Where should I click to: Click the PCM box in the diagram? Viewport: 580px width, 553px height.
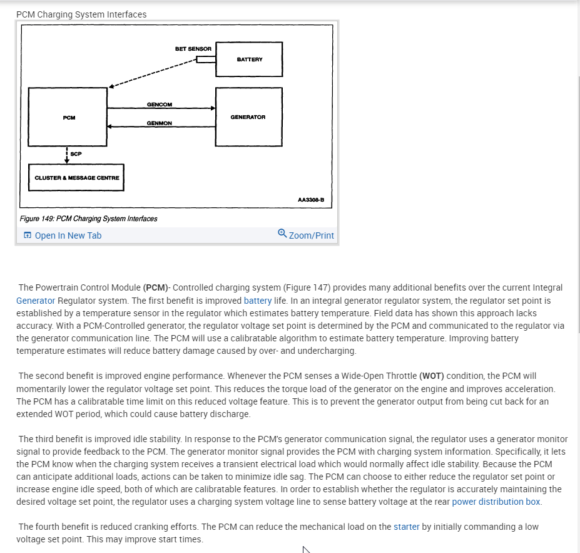click(69, 117)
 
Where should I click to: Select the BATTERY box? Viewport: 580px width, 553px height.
click(249, 59)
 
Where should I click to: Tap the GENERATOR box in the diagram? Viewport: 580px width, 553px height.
click(248, 116)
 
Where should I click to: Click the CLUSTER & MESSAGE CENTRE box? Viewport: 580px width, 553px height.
click(76, 178)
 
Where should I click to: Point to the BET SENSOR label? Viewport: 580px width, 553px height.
click(193, 49)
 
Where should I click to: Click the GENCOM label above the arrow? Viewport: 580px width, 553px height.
click(160, 105)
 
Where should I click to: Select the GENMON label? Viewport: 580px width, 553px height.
click(160, 123)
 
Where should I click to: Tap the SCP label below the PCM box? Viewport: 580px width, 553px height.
click(76, 154)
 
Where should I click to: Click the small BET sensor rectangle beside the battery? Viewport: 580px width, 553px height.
click(206, 59)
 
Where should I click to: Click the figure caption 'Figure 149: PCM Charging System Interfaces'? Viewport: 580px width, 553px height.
click(88, 219)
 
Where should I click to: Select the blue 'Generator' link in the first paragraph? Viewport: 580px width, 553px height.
click(36, 301)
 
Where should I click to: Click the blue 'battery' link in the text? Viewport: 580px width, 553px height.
click(258, 301)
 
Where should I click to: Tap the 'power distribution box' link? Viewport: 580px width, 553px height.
click(497, 502)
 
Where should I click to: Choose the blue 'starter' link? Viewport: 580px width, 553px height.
click(407, 527)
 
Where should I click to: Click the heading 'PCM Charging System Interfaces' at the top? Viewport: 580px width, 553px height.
click(81, 14)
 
